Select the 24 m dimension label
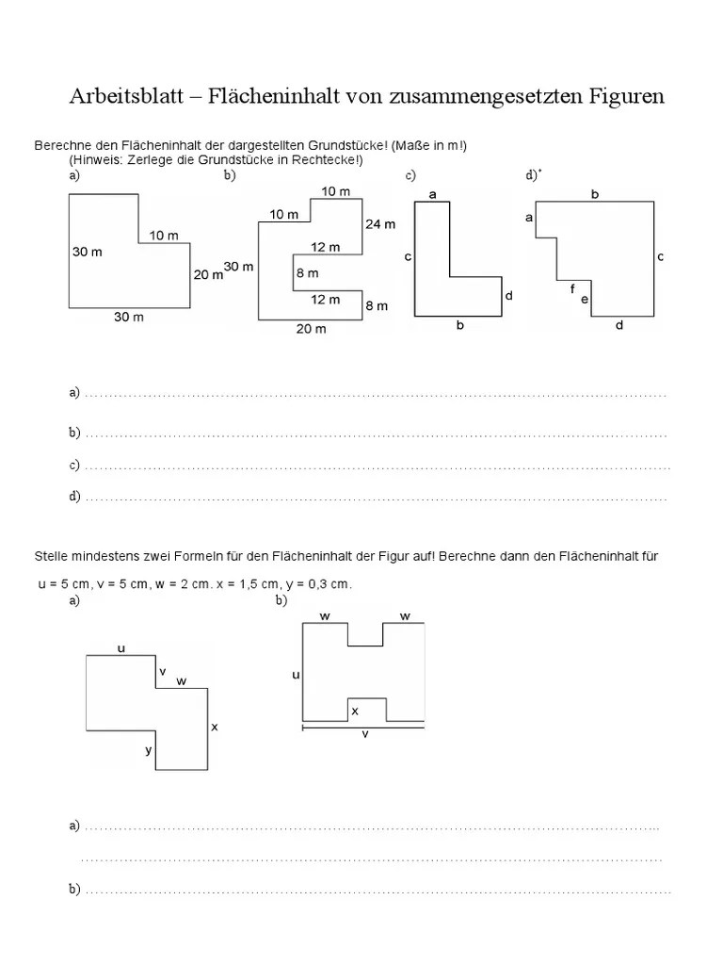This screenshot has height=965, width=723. click(x=378, y=224)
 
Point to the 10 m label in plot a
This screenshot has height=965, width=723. click(x=163, y=235)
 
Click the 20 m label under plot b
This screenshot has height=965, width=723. click(x=311, y=329)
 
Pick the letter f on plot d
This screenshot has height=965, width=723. click(x=572, y=289)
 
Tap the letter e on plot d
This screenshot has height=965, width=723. click(x=584, y=300)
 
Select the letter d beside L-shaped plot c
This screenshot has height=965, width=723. click(x=508, y=295)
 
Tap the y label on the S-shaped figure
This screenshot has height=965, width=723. click(x=148, y=750)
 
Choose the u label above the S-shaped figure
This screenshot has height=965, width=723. click(x=120, y=647)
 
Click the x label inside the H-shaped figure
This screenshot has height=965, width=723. click(x=355, y=711)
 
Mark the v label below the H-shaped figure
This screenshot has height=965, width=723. click(x=365, y=736)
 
